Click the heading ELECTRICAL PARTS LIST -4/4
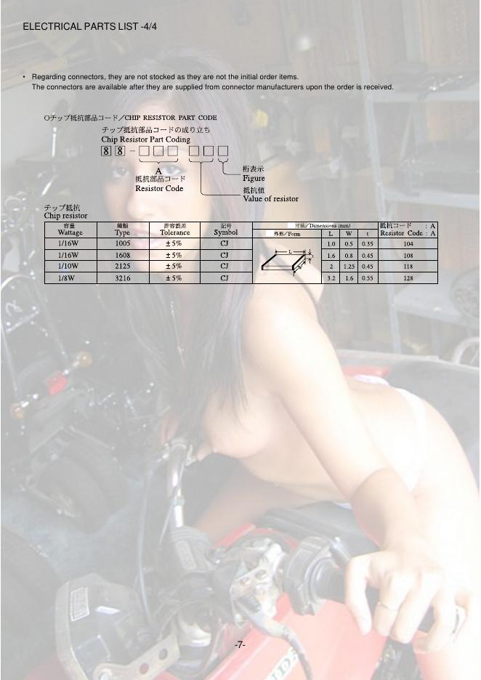pos(90,27)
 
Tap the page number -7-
pos(240,644)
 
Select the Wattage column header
pos(70,232)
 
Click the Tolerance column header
pos(175,232)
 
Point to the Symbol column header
pos(225,232)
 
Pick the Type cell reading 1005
pos(123,244)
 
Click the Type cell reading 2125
pos(123,266)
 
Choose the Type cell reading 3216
pos(123,278)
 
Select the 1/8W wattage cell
pos(67,278)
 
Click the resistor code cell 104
pos(408,244)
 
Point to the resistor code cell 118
pos(408,266)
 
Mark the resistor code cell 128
pos(408,278)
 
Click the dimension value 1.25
pos(349,266)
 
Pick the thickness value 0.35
pos(367,244)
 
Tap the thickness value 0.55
pos(367,278)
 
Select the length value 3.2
pos(331,278)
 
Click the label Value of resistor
pos(270,198)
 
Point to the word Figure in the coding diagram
pos(254,178)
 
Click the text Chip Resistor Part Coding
pos(145,139)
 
